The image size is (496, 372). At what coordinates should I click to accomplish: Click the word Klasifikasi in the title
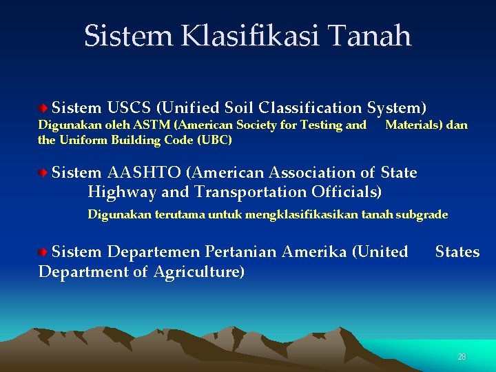point(247,36)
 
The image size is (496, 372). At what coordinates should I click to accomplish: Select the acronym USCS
point(130,108)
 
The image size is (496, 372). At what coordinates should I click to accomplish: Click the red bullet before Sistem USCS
point(43,108)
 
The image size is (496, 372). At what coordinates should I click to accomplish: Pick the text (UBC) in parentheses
point(214,140)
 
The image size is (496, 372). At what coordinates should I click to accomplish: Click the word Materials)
point(409,125)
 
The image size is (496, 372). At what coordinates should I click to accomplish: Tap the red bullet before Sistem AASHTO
point(43,172)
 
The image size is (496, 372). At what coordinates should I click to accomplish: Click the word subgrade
point(422,215)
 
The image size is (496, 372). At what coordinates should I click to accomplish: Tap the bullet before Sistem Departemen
point(43,252)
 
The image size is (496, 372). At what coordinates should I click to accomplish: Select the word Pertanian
point(246,252)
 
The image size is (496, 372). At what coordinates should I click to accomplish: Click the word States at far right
point(457,252)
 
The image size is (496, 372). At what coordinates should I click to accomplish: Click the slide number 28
point(462,357)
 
